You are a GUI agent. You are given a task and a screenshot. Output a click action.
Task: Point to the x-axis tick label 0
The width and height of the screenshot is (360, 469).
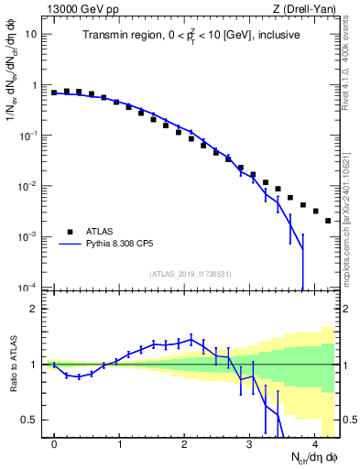[x=54, y=443]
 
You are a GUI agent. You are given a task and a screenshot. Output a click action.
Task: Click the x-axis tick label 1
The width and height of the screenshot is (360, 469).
[x=119, y=443]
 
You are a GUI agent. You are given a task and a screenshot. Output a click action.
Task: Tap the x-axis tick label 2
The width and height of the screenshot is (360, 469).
[x=184, y=443]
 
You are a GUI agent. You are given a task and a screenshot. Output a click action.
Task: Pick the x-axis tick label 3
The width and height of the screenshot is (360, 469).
[x=249, y=443]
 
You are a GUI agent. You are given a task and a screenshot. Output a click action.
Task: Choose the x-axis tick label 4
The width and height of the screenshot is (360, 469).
[x=314, y=443]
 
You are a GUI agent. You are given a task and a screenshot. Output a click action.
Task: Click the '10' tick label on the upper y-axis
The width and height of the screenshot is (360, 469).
[x=31, y=35]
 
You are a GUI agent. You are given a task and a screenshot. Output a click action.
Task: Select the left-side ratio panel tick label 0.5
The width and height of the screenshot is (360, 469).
[x=29, y=420]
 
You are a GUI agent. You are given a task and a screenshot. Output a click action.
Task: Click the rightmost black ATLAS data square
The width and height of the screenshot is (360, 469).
[x=328, y=221]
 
